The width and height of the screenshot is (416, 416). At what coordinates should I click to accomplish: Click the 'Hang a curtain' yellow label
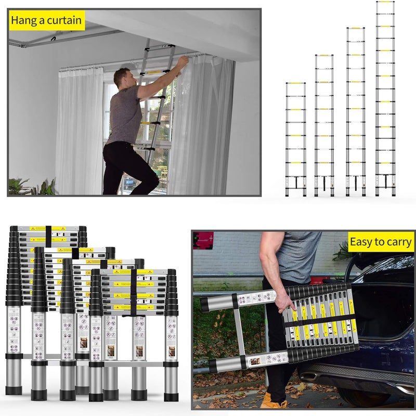tap(47, 21)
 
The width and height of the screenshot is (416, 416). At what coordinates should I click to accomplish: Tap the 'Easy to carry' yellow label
tap(381, 242)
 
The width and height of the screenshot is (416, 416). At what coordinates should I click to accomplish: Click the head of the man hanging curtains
tap(121, 78)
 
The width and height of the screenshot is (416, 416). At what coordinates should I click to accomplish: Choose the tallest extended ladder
tap(385, 99)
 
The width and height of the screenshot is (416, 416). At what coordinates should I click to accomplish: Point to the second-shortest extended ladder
tap(323, 125)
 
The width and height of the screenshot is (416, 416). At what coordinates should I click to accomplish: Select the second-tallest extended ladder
tap(356, 112)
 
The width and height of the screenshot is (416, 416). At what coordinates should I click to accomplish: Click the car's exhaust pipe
tap(311, 374)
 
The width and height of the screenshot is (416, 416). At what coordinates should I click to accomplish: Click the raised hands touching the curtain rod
tap(182, 62)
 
